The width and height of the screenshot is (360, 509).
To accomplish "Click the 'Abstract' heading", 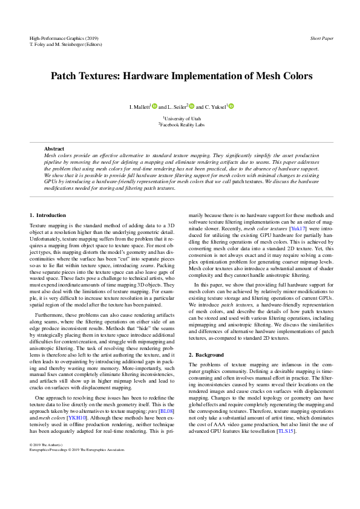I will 54,149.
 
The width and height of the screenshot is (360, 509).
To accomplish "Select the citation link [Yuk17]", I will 298,229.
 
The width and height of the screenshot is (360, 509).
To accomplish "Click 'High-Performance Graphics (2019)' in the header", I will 64,38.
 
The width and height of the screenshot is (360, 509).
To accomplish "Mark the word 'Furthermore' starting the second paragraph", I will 50,315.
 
